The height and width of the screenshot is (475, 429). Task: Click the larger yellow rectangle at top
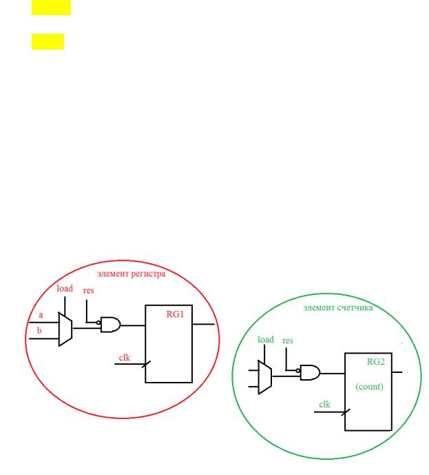(51, 8)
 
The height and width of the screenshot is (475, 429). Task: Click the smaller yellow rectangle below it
(48, 41)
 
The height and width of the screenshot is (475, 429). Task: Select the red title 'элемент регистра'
(132, 274)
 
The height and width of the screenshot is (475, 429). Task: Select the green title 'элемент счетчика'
(338, 307)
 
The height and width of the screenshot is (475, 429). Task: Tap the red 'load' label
(65, 288)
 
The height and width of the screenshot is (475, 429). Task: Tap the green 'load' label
(266, 340)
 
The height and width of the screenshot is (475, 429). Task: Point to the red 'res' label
(88, 290)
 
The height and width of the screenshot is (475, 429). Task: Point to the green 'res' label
(288, 341)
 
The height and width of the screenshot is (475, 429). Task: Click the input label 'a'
(41, 315)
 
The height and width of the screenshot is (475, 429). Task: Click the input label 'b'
(39, 330)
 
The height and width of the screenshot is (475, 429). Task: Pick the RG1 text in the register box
(175, 314)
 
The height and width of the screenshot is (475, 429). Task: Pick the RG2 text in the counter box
(376, 362)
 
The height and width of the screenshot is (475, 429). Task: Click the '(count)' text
(369, 387)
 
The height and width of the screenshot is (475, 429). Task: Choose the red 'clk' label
(125, 358)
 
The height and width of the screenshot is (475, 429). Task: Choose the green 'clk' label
(324, 405)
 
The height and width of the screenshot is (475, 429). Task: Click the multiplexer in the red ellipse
(65, 330)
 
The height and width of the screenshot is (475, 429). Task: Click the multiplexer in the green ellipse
(265, 377)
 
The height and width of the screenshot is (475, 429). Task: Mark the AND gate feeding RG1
(110, 325)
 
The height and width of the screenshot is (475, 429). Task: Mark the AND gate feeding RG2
(310, 372)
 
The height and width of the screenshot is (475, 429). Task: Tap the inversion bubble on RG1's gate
(98, 323)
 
